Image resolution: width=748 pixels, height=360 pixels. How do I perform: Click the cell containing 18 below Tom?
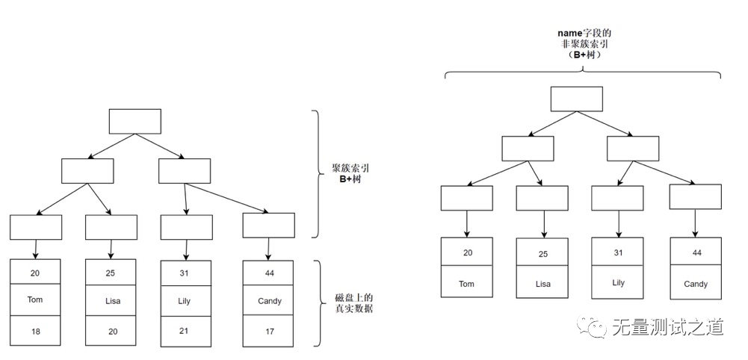point(35,330)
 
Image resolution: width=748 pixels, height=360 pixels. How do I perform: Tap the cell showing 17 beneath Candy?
point(268,330)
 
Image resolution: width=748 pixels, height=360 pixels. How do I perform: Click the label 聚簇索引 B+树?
point(351,173)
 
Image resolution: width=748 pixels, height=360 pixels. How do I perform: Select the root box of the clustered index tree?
point(135,121)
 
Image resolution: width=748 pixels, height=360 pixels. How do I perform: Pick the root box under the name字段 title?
point(576,99)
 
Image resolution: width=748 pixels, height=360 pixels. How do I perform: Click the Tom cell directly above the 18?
point(35,301)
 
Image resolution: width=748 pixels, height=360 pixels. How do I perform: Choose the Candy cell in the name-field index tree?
point(695,284)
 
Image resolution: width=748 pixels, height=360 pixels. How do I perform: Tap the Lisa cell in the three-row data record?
point(111,301)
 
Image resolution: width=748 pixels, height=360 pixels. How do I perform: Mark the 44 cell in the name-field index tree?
point(695,252)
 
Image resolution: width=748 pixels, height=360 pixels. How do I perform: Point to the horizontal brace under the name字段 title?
point(583,72)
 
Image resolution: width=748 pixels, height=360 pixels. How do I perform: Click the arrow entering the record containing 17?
point(268,248)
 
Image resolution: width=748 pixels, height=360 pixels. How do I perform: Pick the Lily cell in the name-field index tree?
point(618,282)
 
